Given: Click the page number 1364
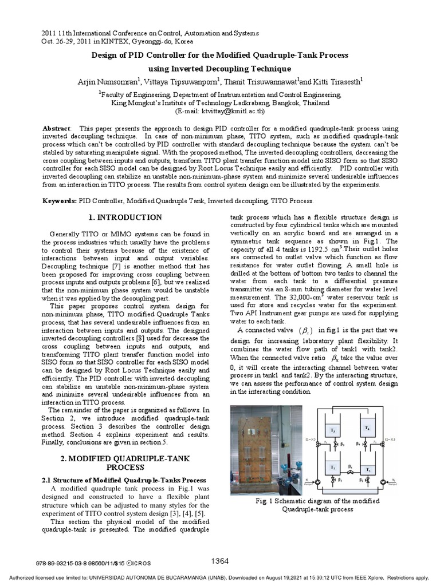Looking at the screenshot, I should pyautogui.click(x=221, y=560).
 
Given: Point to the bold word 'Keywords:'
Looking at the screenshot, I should pyautogui.click(x=60, y=201).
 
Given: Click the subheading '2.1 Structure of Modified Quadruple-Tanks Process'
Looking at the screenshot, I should pyautogui.click(x=124, y=480).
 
